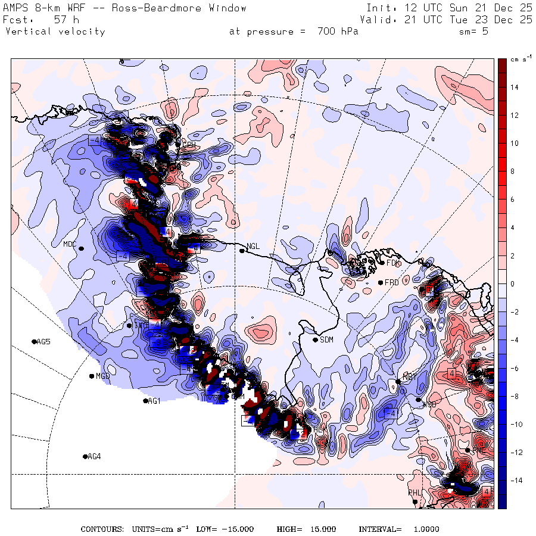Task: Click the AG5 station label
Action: [x=43, y=342]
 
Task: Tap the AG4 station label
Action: [x=94, y=457]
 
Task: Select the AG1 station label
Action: [x=154, y=401]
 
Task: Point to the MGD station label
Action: [x=103, y=376]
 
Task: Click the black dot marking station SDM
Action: [x=315, y=340]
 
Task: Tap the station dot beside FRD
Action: [x=380, y=282]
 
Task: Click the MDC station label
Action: [x=70, y=244]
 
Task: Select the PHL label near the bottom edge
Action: [x=415, y=493]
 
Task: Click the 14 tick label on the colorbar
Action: [x=513, y=88]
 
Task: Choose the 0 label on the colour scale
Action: [x=512, y=284]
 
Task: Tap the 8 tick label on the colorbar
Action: [x=512, y=172]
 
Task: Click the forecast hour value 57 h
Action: [x=63, y=20]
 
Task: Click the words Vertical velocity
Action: [x=55, y=32]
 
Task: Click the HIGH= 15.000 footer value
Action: [x=306, y=529]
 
